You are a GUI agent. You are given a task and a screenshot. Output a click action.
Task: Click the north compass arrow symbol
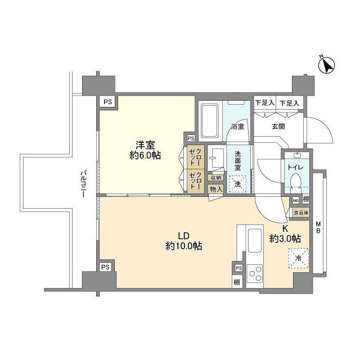(x=327, y=65)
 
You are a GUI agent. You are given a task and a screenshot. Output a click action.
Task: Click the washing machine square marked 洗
(x=238, y=184)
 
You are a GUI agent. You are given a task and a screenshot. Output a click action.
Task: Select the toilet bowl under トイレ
(x=295, y=179)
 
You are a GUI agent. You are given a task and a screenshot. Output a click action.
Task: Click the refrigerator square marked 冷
(x=299, y=258)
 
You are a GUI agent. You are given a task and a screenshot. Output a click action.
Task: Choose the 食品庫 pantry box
(x=300, y=212)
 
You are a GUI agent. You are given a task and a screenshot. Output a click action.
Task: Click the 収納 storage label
(x=215, y=178)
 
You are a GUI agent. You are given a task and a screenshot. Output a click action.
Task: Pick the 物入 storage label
(x=215, y=189)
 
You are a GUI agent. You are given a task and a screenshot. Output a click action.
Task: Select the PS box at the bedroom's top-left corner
(x=107, y=102)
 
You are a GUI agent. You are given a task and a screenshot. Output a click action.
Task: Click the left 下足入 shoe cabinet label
(x=264, y=103)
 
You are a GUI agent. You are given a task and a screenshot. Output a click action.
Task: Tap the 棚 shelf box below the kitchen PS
(x=238, y=281)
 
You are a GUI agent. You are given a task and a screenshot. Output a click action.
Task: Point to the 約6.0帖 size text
(x=145, y=155)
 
